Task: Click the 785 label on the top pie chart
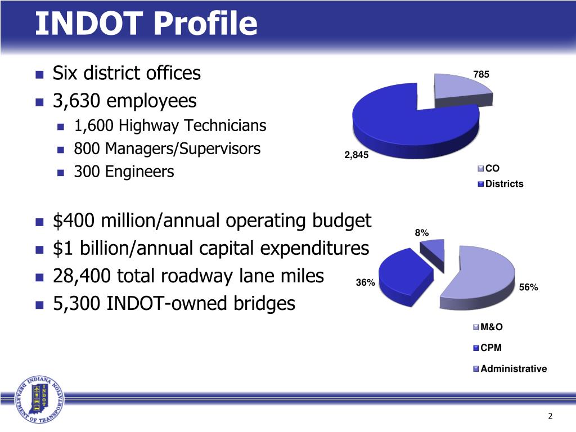(481, 74)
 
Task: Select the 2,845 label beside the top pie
(356, 156)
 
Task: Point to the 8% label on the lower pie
(422, 232)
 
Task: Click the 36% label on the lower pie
(366, 283)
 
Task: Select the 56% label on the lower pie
(528, 287)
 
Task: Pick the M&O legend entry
(492, 327)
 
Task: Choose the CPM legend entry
(491, 348)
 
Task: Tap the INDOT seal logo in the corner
(39, 400)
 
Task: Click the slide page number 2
(550, 416)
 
